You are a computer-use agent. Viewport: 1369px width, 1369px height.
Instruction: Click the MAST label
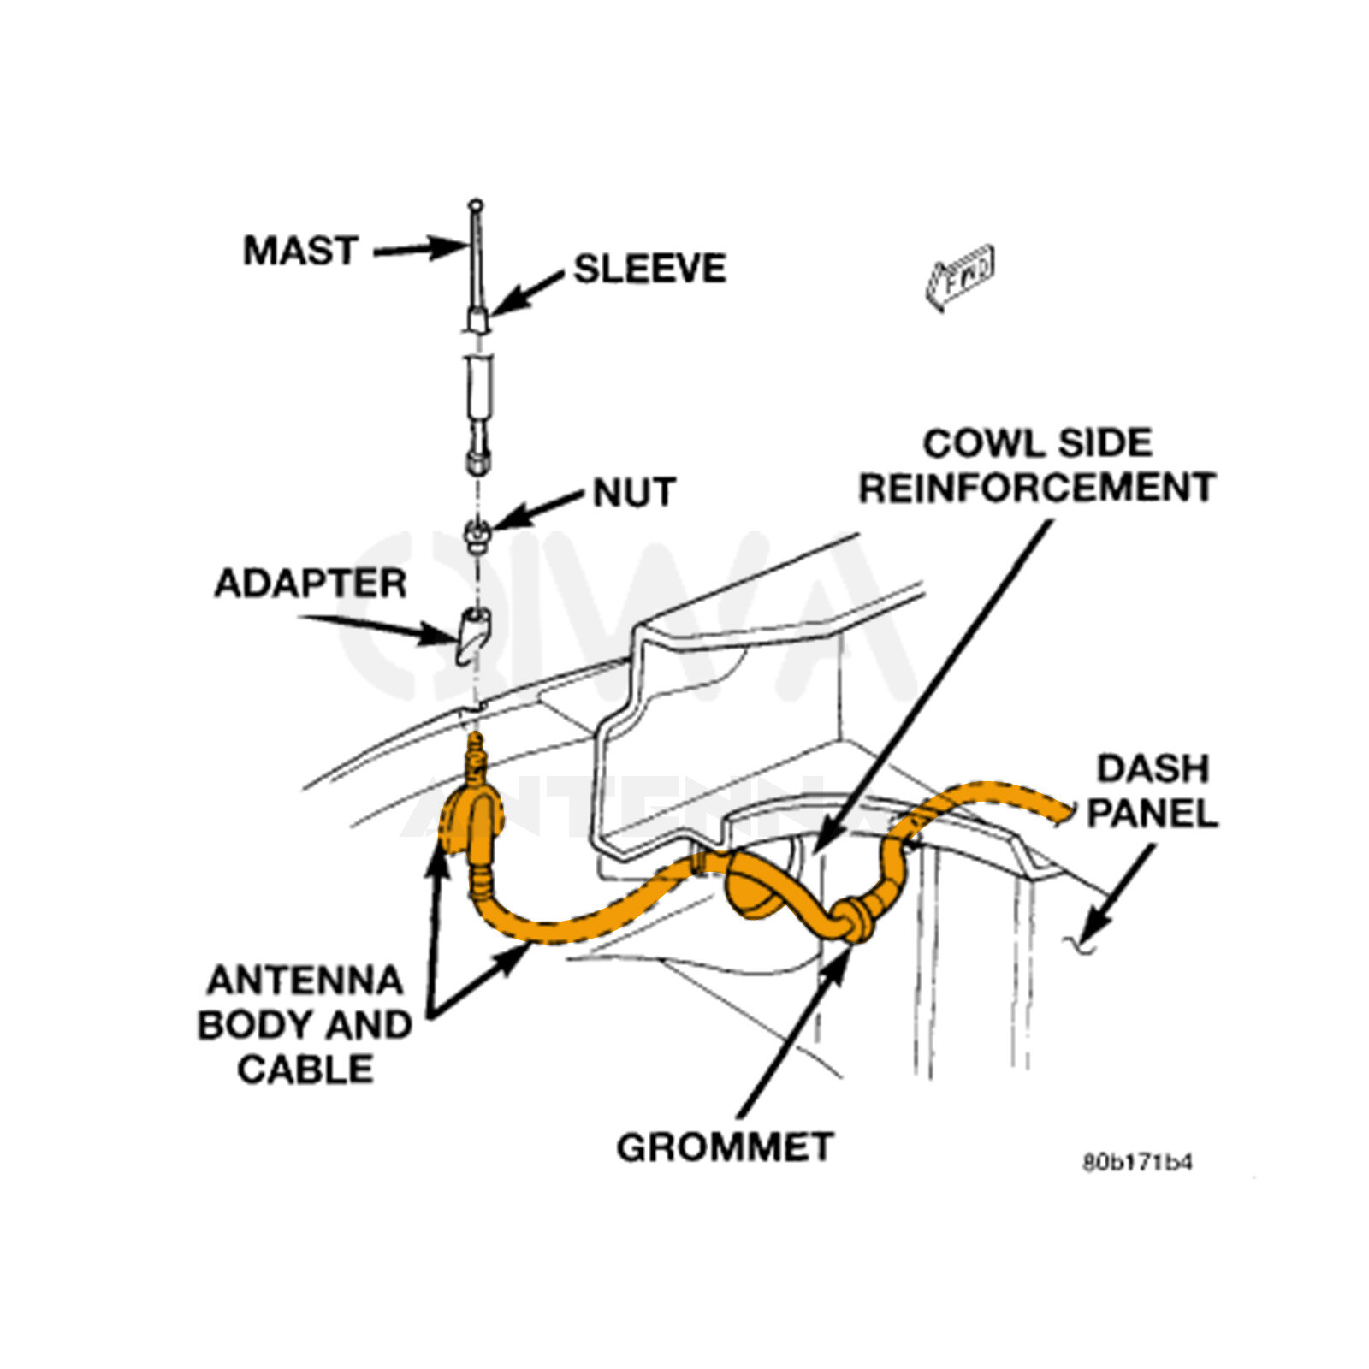[x=300, y=251]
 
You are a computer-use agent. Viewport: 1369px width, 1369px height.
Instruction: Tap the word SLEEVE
[x=649, y=269]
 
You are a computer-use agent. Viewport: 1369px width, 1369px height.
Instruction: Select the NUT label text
[x=635, y=493]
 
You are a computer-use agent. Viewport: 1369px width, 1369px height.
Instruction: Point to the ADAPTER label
[x=310, y=584]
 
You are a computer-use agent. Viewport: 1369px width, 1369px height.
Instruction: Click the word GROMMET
[x=724, y=1147]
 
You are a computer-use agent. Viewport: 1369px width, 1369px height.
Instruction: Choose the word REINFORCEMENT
[x=1037, y=489]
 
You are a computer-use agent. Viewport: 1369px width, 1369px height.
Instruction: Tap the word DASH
[x=1153, y=769]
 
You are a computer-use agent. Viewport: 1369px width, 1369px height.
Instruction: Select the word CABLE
[x=305, y=1070]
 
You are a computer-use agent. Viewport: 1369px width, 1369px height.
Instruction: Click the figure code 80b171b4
[x=1137, y=1162]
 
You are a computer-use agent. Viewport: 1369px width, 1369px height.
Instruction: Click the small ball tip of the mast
[x=476, y=205]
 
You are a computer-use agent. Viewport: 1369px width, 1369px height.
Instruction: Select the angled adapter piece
[x=472, y=633]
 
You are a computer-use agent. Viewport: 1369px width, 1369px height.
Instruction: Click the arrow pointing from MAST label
[x=419, y=249]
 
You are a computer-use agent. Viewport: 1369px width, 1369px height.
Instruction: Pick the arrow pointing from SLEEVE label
[x=527, y=293]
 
